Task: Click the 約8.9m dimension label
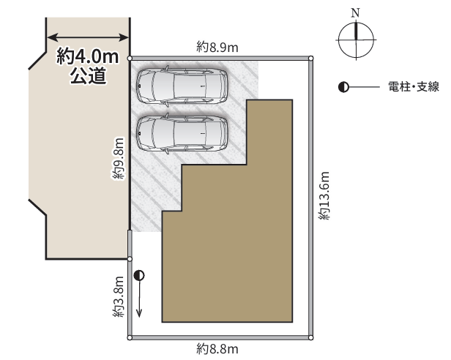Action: (217, 47)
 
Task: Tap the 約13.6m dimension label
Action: (324, 196)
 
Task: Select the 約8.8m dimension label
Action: (217, 349)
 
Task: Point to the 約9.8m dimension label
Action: (118, 159)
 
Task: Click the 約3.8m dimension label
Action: (118, 297)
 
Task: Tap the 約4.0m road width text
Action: (87, 56)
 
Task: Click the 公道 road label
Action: (89, 75)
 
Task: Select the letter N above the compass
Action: (356, 12)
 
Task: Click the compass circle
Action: (356, 22)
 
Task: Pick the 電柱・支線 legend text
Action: (414, 86)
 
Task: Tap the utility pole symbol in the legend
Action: (343, 87)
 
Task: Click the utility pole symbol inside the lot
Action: (139, 275)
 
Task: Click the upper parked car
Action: (182, 86)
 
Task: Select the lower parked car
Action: (182, 133)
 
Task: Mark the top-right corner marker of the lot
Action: (310, 59)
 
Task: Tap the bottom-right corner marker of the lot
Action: (310, 338)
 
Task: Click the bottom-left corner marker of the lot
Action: (130, 338)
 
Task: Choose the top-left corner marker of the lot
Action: (130, 59)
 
